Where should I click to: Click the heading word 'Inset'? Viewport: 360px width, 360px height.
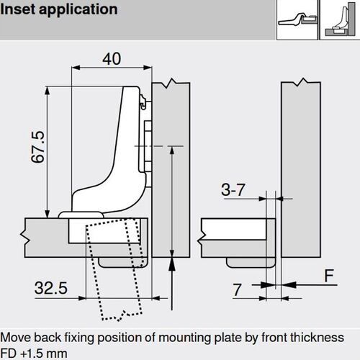20,10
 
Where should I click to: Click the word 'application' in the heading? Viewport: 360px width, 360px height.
79,11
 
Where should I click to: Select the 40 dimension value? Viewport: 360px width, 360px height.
111,60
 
